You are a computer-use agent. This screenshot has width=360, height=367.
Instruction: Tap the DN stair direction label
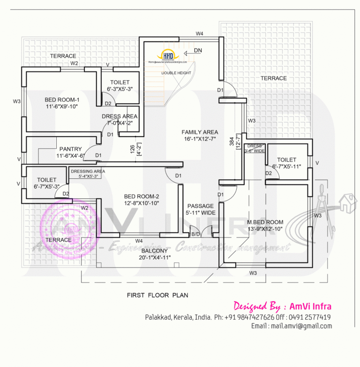tap(198, 50)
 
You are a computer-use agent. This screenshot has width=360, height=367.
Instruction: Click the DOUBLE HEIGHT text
tap(176, 73)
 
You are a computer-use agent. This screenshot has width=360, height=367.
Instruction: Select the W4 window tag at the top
tap(200, 34)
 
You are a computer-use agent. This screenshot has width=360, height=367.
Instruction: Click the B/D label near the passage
tap(195, 233)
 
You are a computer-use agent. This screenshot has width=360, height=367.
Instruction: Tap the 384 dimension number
tap(232, 141)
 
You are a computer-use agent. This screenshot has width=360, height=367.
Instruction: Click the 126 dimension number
tap(133, 150)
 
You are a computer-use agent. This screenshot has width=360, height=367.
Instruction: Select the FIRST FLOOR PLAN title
tap(157, 295)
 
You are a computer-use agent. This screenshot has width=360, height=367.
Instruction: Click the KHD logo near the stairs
tap(168, 55)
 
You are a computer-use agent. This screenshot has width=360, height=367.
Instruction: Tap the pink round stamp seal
tap(63, 223)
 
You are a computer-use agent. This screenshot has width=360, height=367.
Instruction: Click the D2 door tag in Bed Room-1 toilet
tap(108, 104)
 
